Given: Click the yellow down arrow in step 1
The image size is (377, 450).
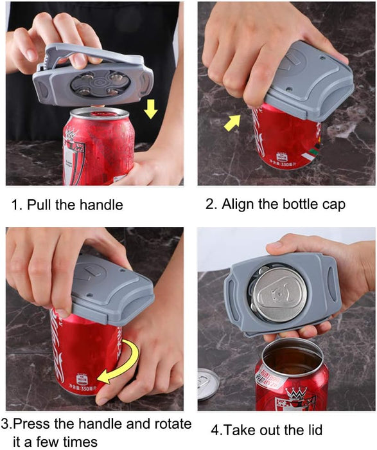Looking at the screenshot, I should pos(151,110).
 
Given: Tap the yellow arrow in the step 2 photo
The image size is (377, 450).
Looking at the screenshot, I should pos(232,121).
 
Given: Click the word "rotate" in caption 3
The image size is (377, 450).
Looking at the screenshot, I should pos(168,424).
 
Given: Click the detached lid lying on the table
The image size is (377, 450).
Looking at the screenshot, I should pos(207,384).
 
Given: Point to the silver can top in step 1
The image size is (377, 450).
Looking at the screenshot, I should pos(99,114).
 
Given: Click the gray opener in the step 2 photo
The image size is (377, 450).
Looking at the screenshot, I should pos(308,80).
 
